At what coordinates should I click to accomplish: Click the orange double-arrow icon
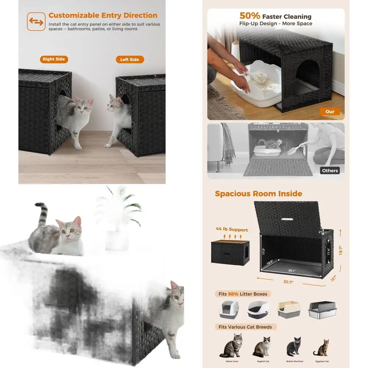(x=36, y=22)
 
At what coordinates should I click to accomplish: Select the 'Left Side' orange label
(x=130, y=60)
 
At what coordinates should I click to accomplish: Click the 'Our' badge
(x=330, y=112)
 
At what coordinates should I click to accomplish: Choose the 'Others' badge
(x=330, y=170)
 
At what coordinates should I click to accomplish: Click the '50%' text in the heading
(x=250, y=16)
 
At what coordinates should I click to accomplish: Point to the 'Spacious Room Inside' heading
(x=258, y=194)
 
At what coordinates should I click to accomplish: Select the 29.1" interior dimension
(x=291, y=270)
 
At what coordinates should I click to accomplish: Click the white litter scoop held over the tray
(x=255, y=75)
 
